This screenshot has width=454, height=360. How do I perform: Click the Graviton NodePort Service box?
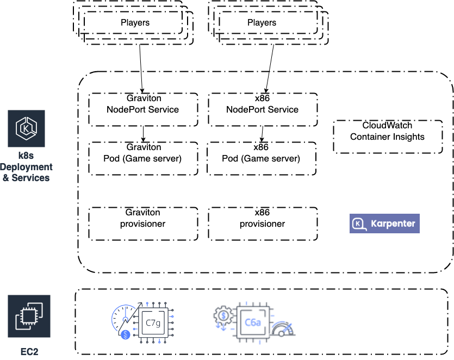[142, 109]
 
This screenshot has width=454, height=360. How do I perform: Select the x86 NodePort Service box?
[262, 109]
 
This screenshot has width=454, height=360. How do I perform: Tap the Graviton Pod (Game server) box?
[143, 159]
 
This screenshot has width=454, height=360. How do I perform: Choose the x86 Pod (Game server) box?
[261, 159]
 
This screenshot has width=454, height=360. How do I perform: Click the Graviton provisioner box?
[143, 224]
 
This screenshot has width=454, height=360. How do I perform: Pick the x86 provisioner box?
[262, 224]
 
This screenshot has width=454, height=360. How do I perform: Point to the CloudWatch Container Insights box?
[387, 136]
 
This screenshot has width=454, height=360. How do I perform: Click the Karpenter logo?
[384, 224]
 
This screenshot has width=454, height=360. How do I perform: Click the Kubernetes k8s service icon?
[26, 128]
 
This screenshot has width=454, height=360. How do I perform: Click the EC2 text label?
[26, 351]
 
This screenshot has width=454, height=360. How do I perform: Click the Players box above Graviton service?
[135, 23]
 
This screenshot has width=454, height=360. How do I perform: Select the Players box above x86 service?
[262, 23]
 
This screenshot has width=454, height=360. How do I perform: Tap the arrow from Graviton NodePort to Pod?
[143, 134]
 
